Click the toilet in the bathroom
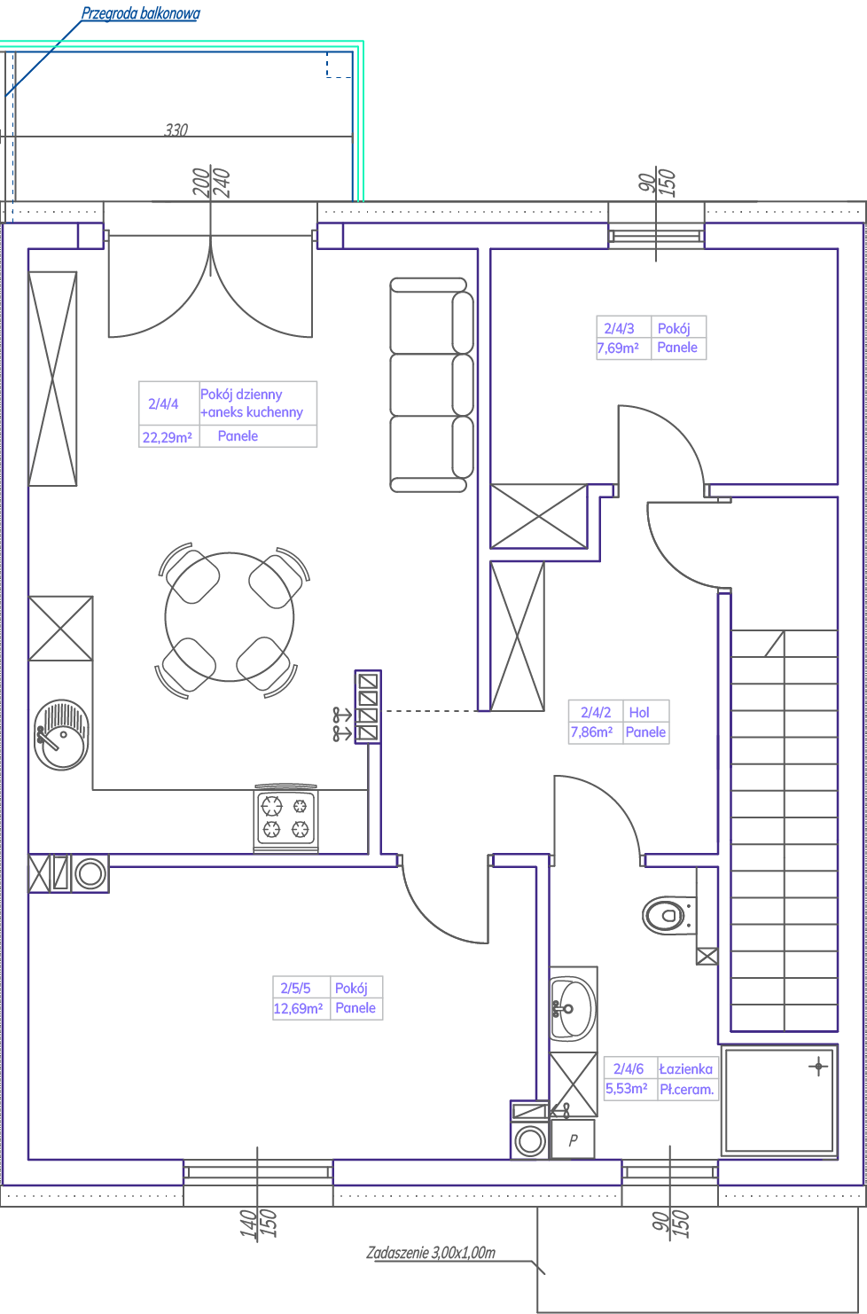(x=668, y=914)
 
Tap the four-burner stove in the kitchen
(x=285, y=817)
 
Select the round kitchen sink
(x=61, y=735)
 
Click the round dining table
(x=230, y=616)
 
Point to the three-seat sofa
(x=432, y=385)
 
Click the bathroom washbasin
(x=572, y=1009)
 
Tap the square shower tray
(x=779, y=1100)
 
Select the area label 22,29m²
(x=168, y=438)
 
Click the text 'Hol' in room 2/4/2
(x=639, y=712)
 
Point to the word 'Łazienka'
(x=686, y=1068)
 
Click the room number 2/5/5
(x=295, y=988)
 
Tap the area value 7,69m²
(x=618, y=348)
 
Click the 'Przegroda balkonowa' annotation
(x=140, y=13)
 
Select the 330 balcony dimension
(x=176, y=129)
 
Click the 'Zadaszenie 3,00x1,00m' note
(x=431, y=1253)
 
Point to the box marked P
(x=573, y=1139)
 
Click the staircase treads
(x=784, y=831)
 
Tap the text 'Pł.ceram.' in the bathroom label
(x=686, y=1090)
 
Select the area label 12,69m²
(x=298, y=1008)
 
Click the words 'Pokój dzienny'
(x=241, y=395)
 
